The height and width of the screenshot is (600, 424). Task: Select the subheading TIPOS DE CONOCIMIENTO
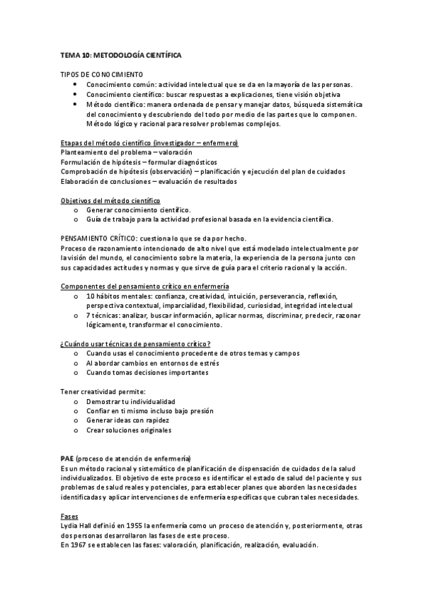point(102,74)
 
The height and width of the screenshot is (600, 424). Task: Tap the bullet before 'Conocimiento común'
point(76,84)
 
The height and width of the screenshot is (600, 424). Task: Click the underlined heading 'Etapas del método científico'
point(149,143)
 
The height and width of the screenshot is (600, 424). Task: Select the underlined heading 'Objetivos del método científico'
point(110,200)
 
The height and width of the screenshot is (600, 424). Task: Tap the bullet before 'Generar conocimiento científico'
point(76,210)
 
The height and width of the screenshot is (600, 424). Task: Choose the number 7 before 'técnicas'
point(88,315)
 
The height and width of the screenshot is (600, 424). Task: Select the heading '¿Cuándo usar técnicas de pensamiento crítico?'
point(134,343)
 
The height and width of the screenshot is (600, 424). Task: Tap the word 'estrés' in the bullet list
point(202,362)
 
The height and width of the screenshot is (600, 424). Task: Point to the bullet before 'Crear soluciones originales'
point(76,429)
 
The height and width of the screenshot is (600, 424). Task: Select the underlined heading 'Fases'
point(69,516)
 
